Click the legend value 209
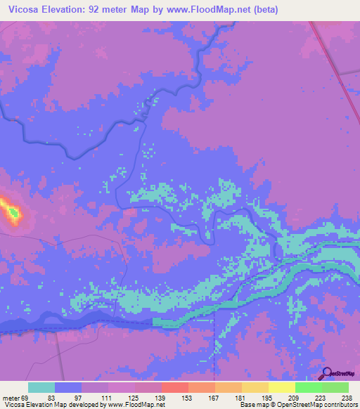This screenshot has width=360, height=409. pos(295,398)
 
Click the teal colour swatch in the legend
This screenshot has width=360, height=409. pos(41,387)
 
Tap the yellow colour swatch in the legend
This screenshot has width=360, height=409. pos(282,387)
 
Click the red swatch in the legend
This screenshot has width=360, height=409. pos(175,387)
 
